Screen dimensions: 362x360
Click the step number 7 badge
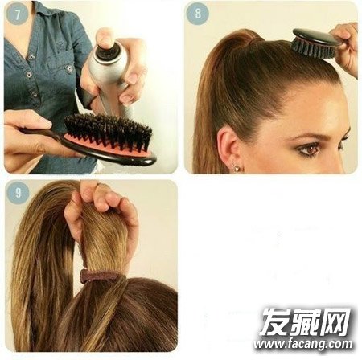[17, 14]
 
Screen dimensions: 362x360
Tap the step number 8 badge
[198, 14]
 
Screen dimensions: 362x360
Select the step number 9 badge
[18, 193]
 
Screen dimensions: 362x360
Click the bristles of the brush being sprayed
[107, 131]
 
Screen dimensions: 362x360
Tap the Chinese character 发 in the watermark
[274, 322]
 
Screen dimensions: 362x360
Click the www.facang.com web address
[303, 344]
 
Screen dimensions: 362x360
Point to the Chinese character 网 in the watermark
[336, 322]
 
